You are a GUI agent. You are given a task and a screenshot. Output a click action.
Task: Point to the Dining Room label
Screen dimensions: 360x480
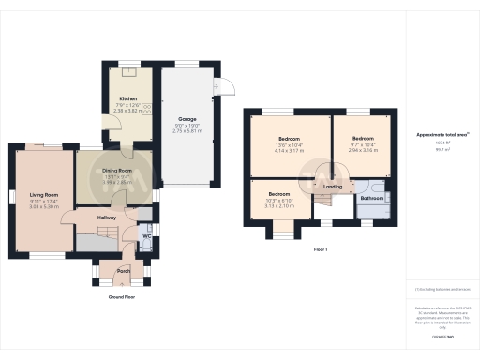click(x=117, y=170)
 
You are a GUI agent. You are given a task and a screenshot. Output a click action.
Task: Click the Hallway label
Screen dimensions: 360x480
click(x=107, y=217)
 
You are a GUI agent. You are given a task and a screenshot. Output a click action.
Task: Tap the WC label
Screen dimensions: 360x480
click(x=147, y=236)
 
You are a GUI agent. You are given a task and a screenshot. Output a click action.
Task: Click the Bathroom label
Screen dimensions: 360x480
click(x=372, y=198)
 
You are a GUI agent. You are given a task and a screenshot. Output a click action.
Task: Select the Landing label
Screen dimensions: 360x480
click(x=333, y=187)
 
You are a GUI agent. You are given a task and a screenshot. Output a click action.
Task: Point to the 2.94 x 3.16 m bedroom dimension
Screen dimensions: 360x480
click(x=363, y=150)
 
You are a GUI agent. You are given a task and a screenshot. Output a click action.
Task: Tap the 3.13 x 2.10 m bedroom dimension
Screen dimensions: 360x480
click(x=280, y=205)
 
